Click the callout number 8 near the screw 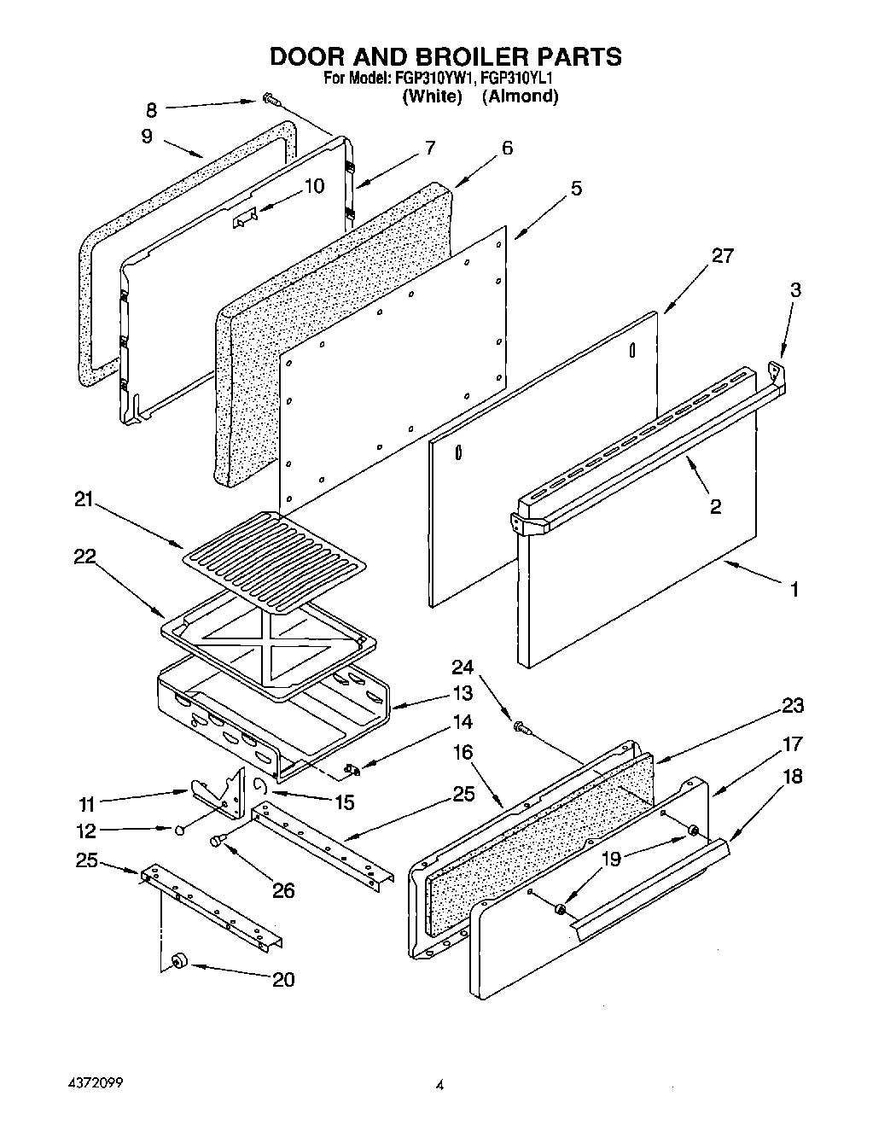tap(152, 109)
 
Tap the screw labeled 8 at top tap(270, 100)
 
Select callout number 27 tap(722, 255)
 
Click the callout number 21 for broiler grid tap(84, 500)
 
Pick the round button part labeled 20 tap(178, 961)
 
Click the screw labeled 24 tap(520, 727)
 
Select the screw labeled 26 tap(218, 842)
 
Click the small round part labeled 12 tap(180, 830)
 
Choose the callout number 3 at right tap(794, 289)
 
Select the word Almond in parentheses tap(520, 96)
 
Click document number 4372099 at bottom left tap(96, 1081)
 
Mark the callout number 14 tap(462, 721)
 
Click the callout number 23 tap(792, 705)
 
